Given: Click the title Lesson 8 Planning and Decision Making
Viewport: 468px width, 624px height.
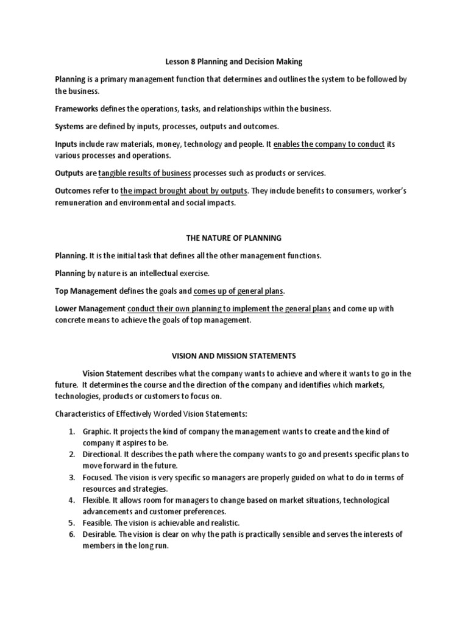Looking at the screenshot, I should pos(234,62).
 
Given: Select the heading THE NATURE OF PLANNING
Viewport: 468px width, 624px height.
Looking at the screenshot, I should pos(234,238).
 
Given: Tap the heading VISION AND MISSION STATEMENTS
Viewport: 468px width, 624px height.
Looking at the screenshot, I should pos(234,355).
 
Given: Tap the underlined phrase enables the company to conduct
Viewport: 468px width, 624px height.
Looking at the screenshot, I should pos(329,144).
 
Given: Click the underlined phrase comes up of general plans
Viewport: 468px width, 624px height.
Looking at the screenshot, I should pos(239,291).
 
